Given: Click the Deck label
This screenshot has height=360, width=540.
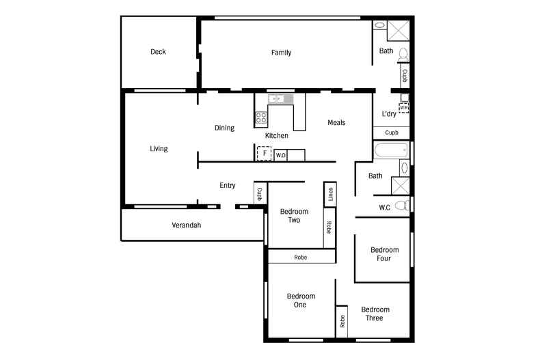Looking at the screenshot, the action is (x=158, y=52).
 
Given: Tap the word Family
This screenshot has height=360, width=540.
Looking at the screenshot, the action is (x=281, y=53).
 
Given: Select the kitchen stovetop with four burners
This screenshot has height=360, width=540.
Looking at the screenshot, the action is (x=260, y=117).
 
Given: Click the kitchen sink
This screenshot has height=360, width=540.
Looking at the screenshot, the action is (x=281, y=99).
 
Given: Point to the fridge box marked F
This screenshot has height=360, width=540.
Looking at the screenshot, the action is (x=264, y=154).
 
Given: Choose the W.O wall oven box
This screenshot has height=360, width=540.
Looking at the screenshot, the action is (x=281, y=155).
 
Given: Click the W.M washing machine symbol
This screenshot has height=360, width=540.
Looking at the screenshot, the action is (x=404, y=108).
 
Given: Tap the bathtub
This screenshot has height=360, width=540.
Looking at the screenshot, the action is (x=391, y=150).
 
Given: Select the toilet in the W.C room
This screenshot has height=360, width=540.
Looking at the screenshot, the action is (x=401, y=206).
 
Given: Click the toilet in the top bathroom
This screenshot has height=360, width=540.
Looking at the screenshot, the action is (x=403, y=55).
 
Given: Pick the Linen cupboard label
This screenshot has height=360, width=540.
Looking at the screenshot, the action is (x=331, y=194).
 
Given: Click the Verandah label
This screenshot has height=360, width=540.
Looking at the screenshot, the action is (x=187, y=225).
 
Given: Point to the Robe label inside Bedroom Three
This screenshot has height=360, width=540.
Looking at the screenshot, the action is (x=342, y=321).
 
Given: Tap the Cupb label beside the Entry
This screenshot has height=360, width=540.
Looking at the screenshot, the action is (x=260, y=194).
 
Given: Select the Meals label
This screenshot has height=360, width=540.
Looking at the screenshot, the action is (x=336, y=122).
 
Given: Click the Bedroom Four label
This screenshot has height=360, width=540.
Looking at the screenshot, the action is (x=384, y=254).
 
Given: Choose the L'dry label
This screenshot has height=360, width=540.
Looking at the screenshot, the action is (x=389, y=114).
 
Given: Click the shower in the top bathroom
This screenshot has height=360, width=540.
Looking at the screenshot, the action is (x=398, y=31).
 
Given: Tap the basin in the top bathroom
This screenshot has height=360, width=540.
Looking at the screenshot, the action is (x=379, y=25).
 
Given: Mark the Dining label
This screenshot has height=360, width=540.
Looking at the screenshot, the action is (x=224, y=128).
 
